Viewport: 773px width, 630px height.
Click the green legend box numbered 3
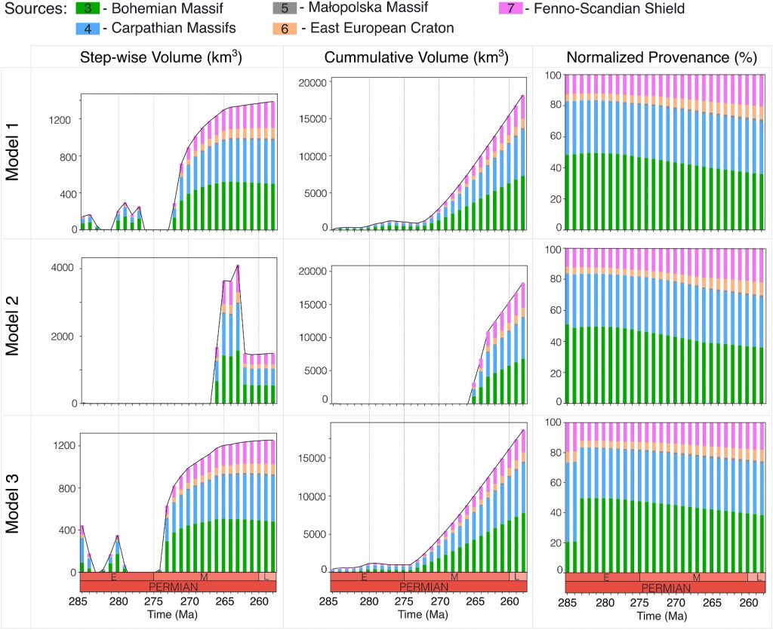tap(88, 8)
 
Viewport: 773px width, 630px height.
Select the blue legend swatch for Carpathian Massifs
tap(88, 29)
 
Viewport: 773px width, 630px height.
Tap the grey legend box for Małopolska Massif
tap(285, 8)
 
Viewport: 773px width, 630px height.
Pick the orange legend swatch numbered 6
tap(285, 29)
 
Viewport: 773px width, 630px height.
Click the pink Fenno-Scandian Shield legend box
tap(511, 8)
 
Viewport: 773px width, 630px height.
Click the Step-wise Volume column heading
tap(161, 57)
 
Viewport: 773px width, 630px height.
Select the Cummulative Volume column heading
tap(416, 57)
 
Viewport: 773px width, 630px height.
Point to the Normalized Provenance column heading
tap(661, 57)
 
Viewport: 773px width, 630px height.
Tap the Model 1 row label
tap(12, 152)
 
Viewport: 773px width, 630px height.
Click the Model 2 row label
tap(12, 326)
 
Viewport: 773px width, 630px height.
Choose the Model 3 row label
tap(12, 503)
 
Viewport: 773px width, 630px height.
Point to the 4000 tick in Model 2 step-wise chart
tap(62, 268)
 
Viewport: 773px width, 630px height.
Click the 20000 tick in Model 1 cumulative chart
tap(313, 83)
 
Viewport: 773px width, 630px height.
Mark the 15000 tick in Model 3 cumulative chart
tap(313, 458)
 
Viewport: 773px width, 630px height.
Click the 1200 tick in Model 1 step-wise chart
tap(59, 120)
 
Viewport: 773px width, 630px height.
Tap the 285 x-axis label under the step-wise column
tap(79, 601)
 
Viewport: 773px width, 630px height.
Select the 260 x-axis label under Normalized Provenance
tap(749, 602)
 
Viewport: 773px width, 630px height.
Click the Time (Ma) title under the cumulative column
tap(423, 615)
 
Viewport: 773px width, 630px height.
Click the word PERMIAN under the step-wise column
tap(173, 587)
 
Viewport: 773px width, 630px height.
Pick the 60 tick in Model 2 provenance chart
tap(556, 310)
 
